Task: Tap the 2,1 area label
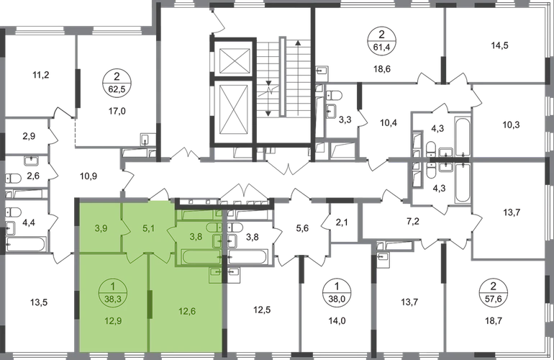tap(340, 223)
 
